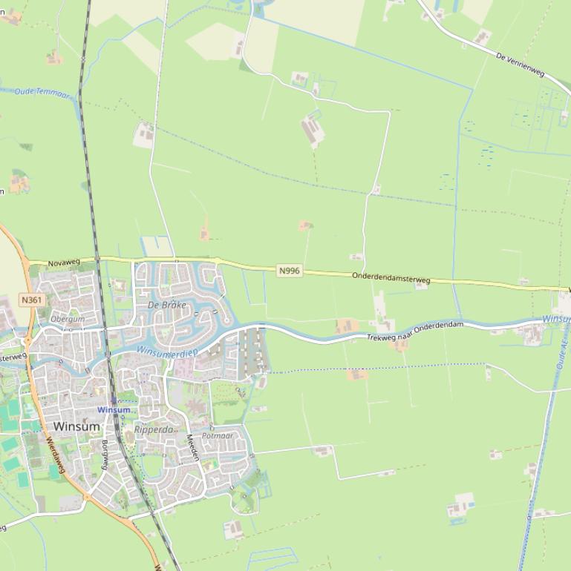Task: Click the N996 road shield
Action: [290, 271]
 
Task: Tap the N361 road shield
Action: [31, 300]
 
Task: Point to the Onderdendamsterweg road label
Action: [391, 278]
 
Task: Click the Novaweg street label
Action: [63, 263]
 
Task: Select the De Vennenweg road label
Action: [520, 64]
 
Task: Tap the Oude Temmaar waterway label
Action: [42, 93]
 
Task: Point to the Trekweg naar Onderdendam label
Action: [414, 331]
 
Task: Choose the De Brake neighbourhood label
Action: [166, 305]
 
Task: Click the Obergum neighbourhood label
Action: [67, 319]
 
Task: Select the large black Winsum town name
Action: [76, 426]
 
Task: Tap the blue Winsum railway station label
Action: [114, 410]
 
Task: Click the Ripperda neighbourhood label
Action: [153, 429]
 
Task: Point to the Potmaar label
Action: [218, 436]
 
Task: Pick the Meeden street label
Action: [193, 446]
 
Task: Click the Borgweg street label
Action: [105, 454]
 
